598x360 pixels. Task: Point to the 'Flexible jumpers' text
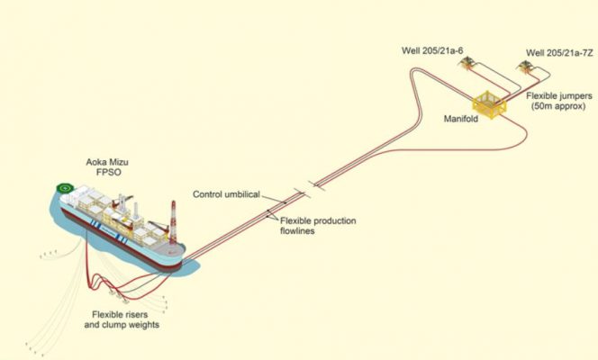(x=554, y=92)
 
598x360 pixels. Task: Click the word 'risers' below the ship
(x=142, y=313)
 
